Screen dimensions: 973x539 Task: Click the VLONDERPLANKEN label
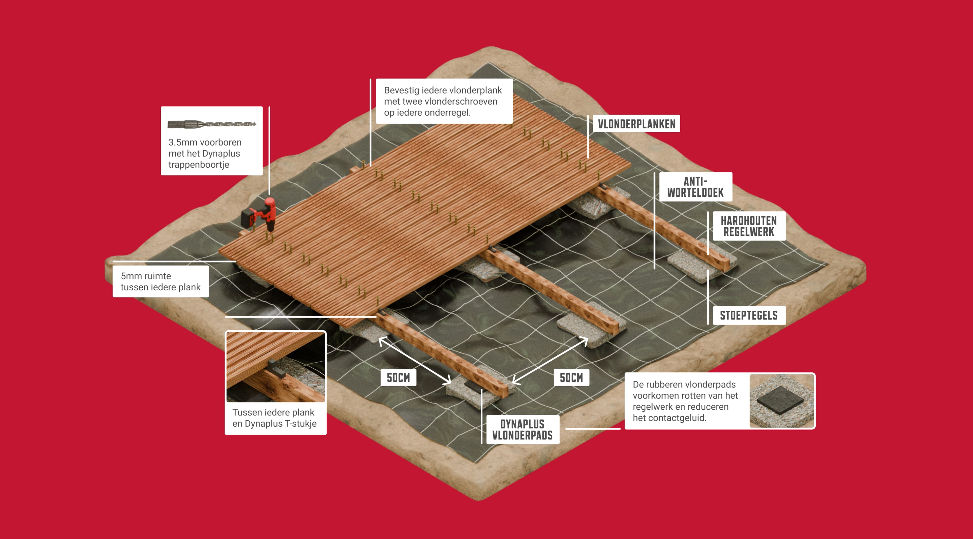coord(637,124)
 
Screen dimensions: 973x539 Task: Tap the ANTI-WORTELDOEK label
coord(695,187)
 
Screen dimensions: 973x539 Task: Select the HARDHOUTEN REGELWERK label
coord(749,226)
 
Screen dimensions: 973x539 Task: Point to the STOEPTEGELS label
coord(749,315)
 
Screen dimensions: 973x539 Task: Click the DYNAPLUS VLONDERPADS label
coord(523,430)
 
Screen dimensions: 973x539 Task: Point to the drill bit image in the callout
coord(212,124)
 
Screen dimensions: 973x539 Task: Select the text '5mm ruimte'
coord(146,276)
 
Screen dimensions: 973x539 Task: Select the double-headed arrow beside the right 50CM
coord(550,361)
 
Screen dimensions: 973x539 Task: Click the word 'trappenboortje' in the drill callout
coord(199,165)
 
